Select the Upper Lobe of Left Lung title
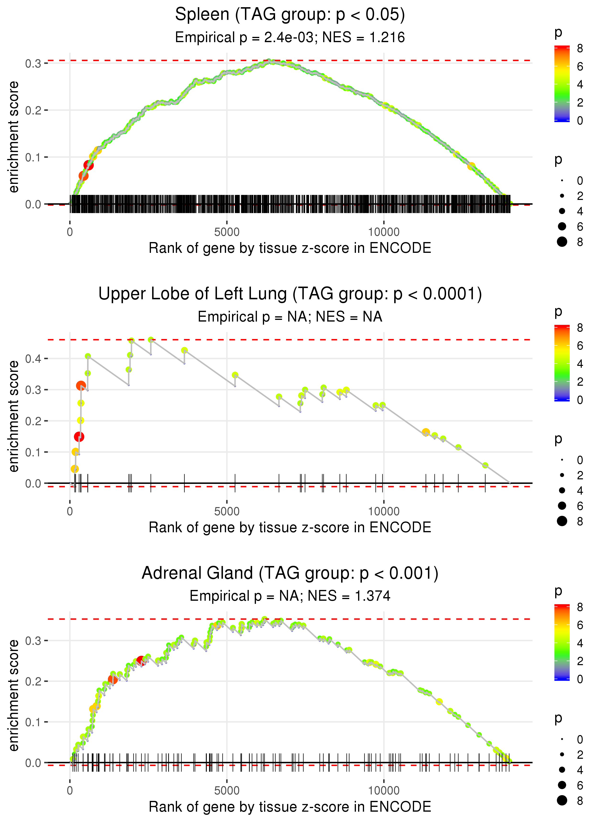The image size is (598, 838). [x=290, y=294]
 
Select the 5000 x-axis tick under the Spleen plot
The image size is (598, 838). [x=227, y=232]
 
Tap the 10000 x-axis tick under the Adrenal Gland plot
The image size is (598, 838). [x=384, y=791]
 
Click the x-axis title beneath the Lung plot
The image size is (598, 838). [x=290, y=527]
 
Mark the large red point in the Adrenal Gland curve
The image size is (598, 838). [x=141, y=660]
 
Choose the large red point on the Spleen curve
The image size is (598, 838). [x=88, y=165]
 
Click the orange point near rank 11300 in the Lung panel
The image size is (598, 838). [x=426, y=432]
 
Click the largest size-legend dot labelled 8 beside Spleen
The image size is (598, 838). [x=562, y=242]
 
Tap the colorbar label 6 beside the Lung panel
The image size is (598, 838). [x=580, y=346]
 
